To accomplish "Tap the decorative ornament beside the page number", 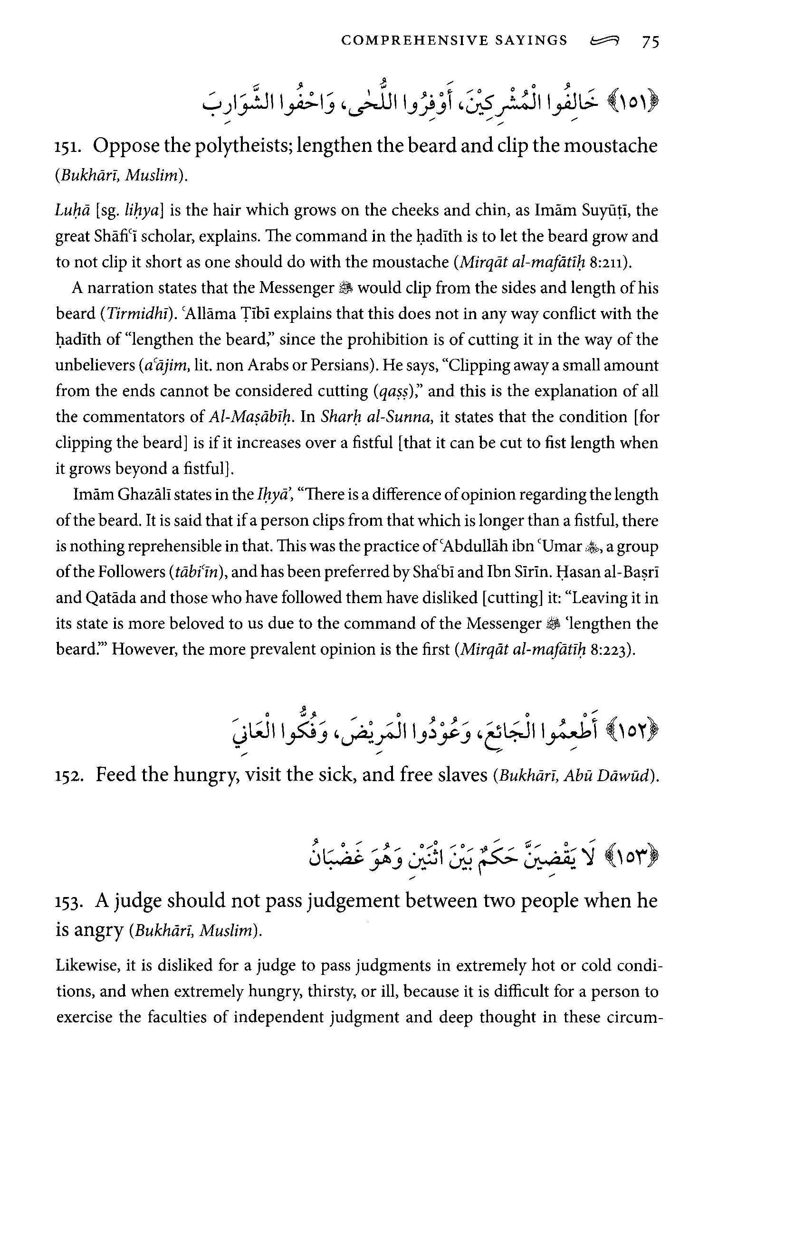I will tap(605, 41).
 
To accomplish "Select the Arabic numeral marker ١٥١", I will tap(635, 102).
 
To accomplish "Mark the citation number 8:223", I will tap(611, 650).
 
